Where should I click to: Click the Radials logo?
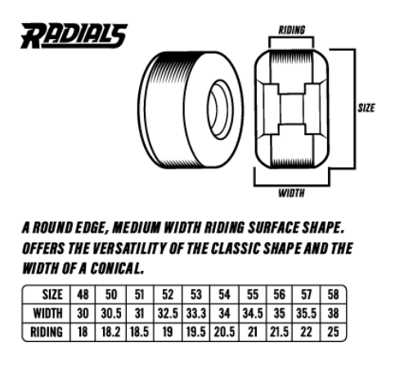74,36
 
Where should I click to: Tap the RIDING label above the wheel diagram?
291,30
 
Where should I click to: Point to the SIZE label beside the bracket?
366,108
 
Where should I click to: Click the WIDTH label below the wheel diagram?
291,193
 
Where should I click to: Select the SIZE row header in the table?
52,295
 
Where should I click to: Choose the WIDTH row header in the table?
47,313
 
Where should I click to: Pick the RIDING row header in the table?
47,332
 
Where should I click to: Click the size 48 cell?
83,295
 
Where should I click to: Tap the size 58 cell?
334,295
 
